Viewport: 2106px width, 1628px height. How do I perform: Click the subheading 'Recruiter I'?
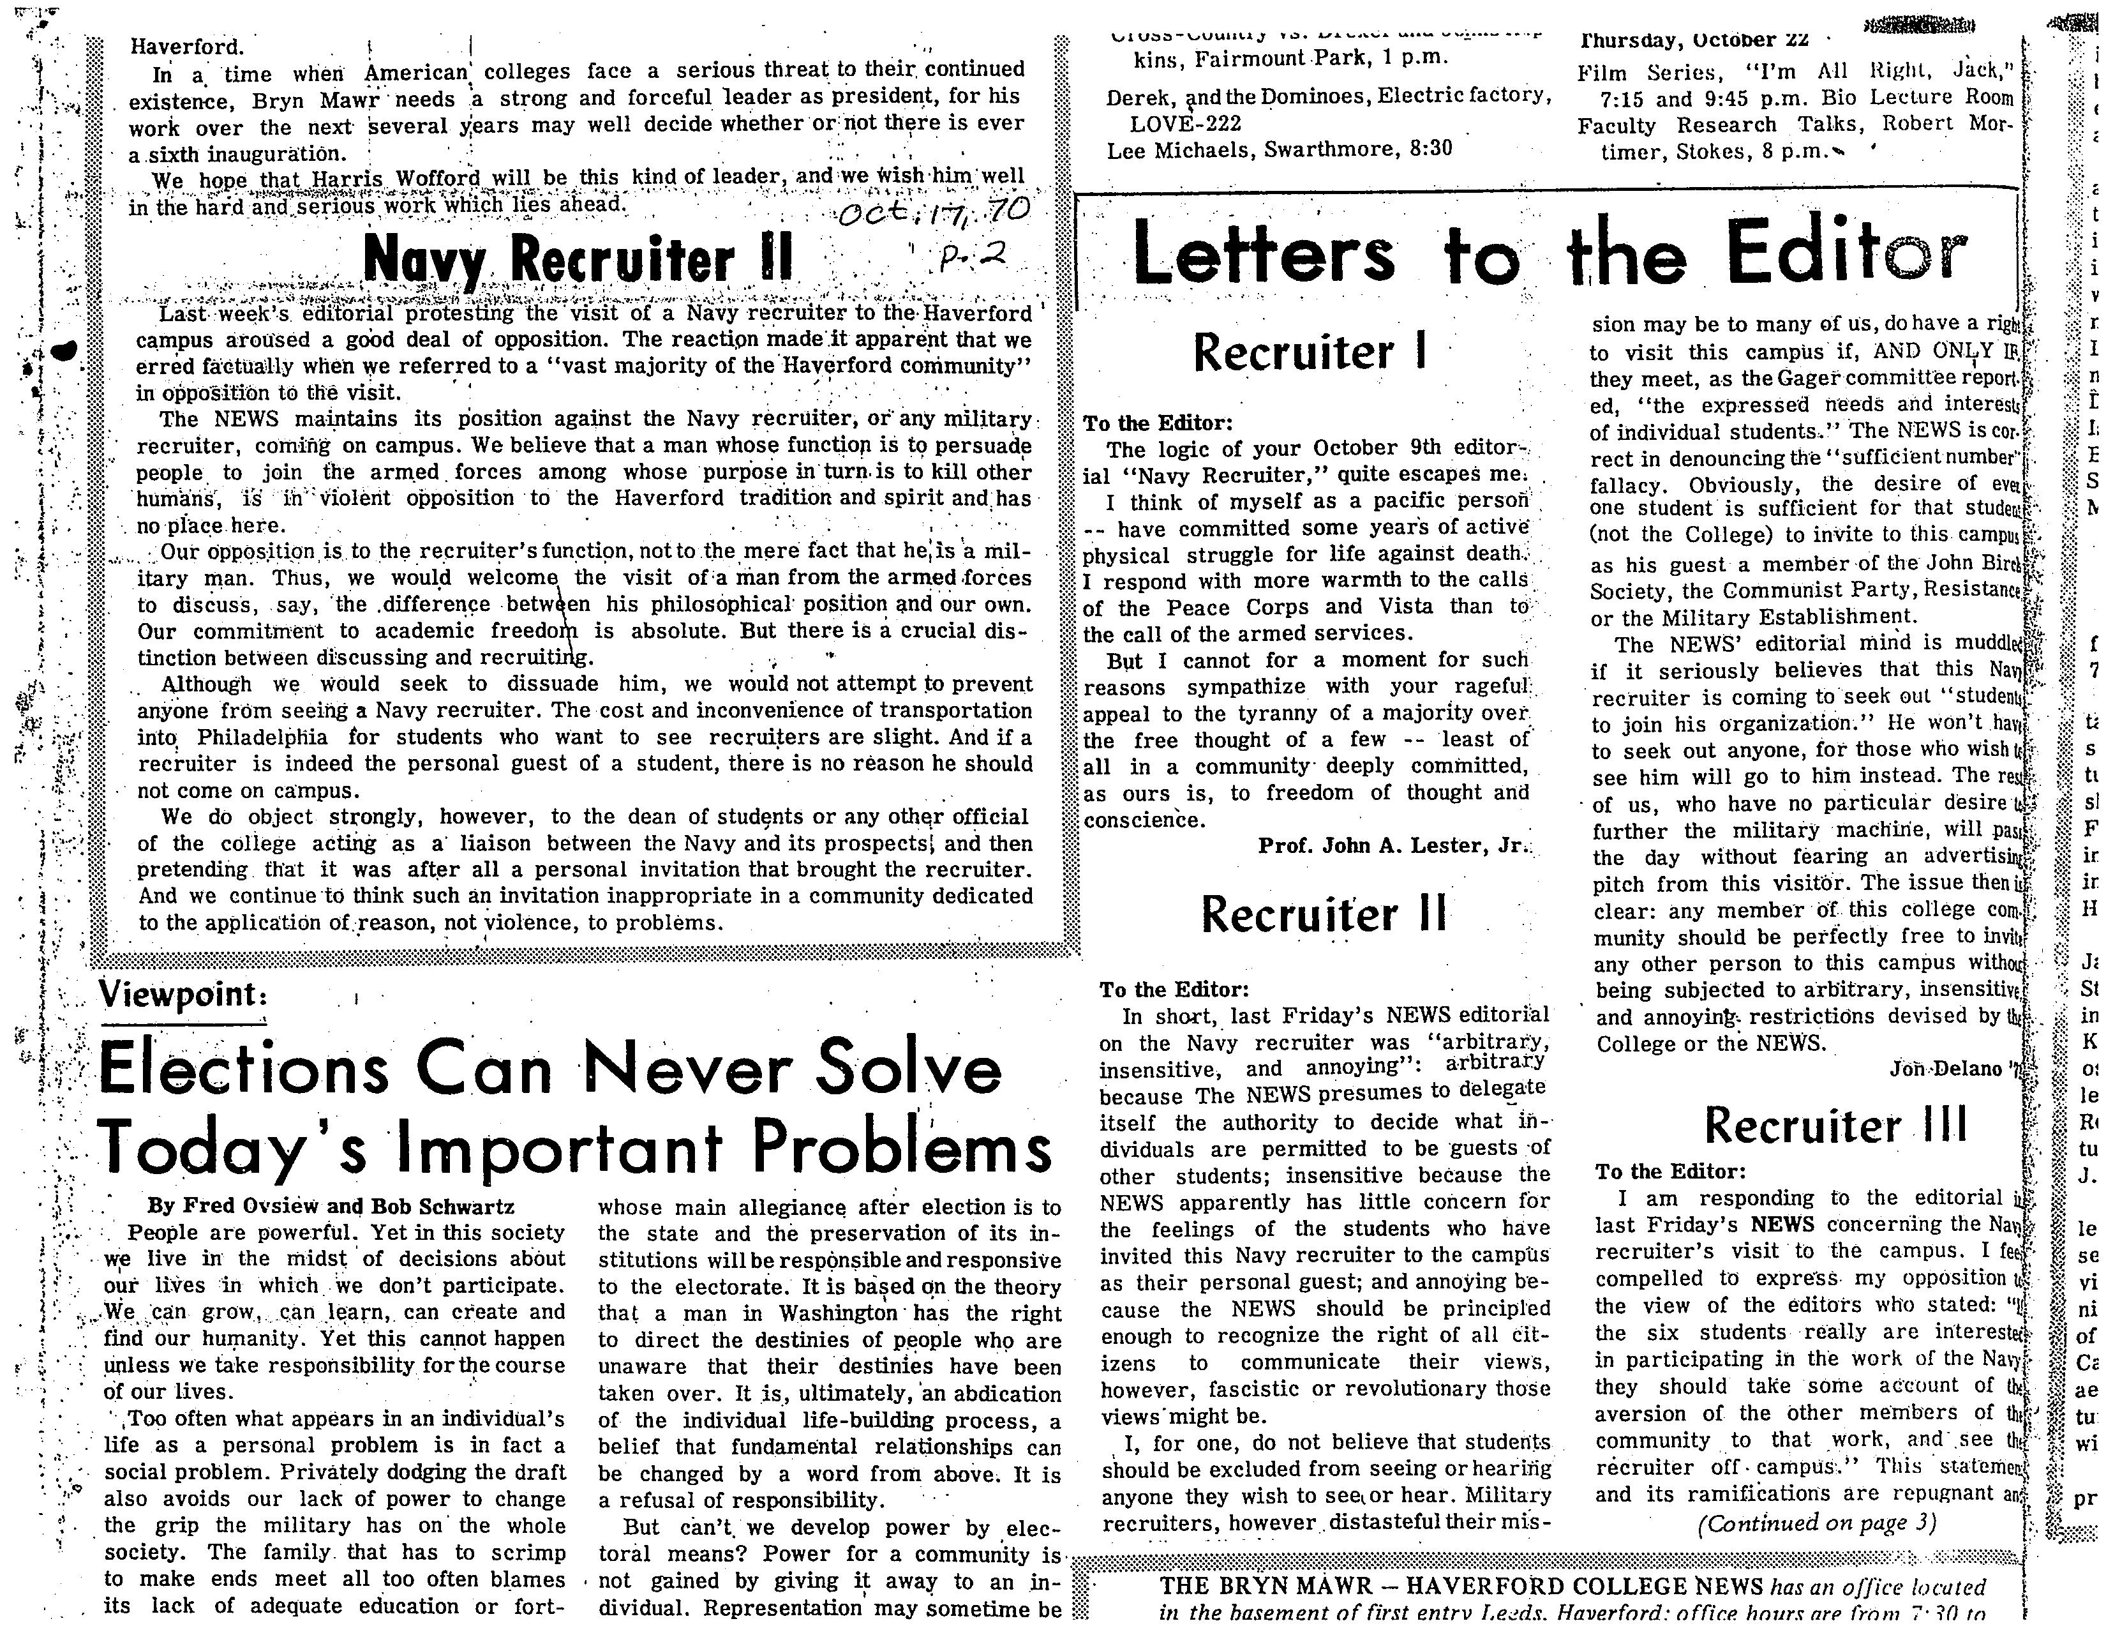[1308, 352]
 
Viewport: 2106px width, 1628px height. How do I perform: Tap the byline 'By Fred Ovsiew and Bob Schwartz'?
[331, 1205]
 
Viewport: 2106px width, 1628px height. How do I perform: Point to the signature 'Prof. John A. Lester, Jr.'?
[1393, 846]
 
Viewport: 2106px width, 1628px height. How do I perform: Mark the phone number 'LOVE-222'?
[1185, 123]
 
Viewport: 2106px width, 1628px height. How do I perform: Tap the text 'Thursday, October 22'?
[1692, 40]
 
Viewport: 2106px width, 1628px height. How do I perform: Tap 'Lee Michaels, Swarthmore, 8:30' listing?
[1280, 149]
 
